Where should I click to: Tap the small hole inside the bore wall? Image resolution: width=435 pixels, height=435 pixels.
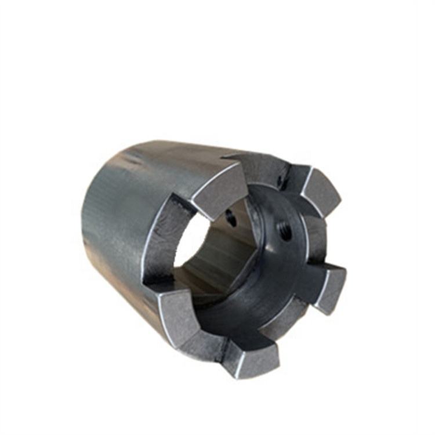pyautogui.click(x=231, y=219)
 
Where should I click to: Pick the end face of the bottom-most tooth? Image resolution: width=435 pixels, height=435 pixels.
pyautogui.click(x=253, y=356)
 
